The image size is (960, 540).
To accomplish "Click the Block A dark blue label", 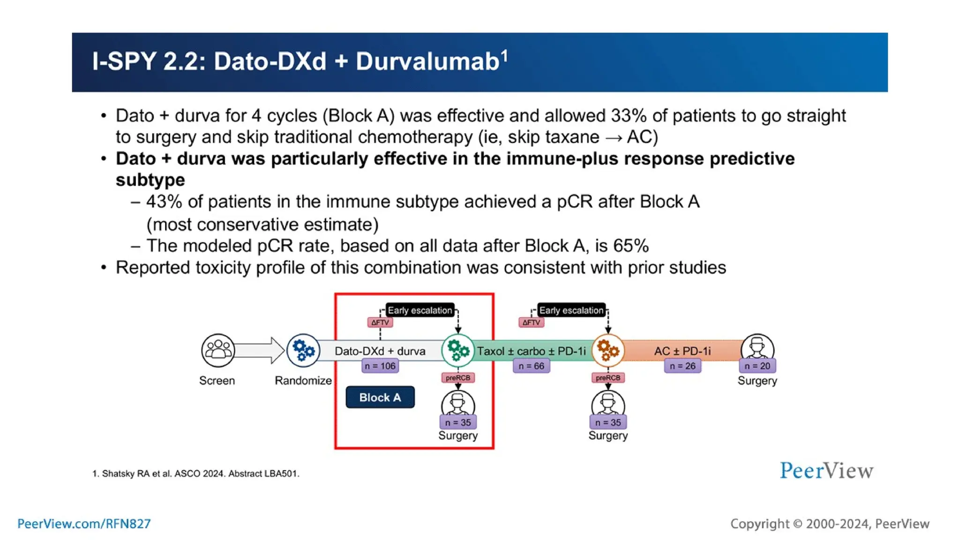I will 380,397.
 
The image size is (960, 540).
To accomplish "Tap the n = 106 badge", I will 380,366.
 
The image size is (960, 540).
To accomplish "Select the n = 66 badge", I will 531,366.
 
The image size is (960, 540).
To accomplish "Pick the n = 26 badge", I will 682,366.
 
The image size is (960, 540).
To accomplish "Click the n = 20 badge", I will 757,366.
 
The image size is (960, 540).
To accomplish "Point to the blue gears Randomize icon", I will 303,350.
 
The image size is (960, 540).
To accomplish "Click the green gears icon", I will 457,350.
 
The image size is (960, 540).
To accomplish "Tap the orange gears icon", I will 608,350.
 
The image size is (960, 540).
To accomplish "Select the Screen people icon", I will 218,350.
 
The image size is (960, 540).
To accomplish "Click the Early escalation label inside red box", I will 420,310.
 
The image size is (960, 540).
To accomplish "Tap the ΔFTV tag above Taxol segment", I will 531,322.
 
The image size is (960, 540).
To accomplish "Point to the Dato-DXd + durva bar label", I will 380,351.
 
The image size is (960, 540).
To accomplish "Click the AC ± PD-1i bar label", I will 682,351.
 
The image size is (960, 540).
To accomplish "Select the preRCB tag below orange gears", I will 608,378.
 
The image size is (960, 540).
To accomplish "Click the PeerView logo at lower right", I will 826,471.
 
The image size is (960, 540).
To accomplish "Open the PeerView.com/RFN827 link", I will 84,524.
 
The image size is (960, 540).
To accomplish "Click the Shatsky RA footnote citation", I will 196,473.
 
